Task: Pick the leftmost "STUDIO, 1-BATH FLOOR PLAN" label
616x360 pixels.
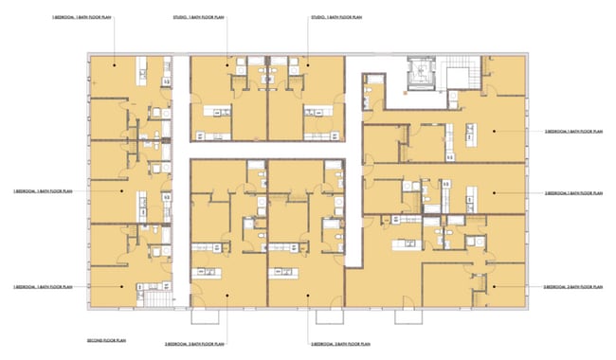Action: click(x=199, y=18)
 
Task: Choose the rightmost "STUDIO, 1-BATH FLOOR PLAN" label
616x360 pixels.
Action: click(x=335, y=18)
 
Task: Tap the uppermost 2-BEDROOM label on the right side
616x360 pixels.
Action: click(x=572, y=132)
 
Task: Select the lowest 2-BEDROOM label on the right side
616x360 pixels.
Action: click(x=572, y=286)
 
